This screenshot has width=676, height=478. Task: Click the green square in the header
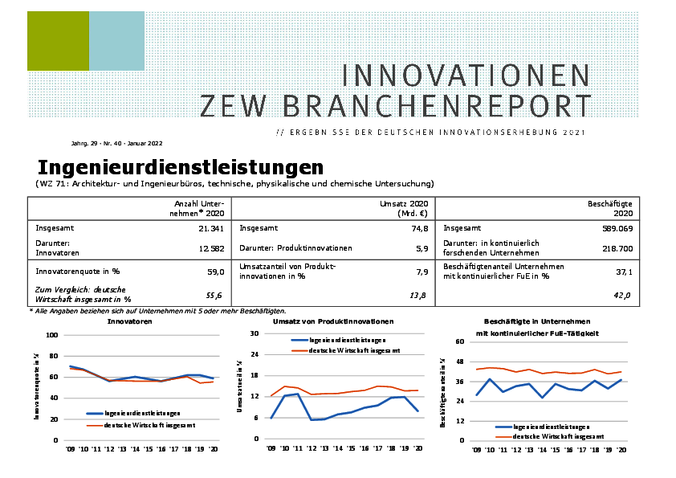(58, 41)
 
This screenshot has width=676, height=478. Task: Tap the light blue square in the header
(116, 41)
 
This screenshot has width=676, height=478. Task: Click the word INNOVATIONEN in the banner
(466, 76)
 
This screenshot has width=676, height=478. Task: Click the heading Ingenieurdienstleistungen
(181, 168)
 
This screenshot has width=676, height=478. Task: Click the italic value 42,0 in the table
(623, 296)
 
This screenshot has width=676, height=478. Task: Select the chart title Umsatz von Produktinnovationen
(332, 321)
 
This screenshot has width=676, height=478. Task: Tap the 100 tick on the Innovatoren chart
(52, 335)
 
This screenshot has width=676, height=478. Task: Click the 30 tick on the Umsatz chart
(255, 333)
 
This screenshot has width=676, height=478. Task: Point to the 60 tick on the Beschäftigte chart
(461, 341)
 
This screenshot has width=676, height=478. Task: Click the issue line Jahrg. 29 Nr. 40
(116, 143)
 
